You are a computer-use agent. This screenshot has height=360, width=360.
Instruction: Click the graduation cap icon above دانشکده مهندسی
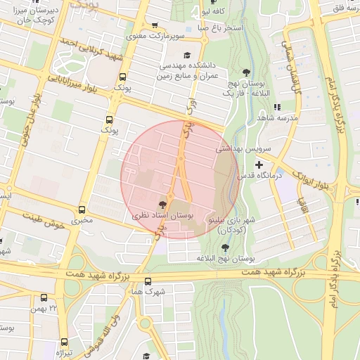(x=187, y=54)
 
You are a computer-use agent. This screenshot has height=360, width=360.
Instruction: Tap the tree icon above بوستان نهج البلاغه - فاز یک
(x=245, y=72)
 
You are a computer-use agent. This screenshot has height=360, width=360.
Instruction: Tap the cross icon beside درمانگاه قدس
(x=259, y=164)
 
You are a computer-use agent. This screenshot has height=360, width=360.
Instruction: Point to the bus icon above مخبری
(x=82, y=210)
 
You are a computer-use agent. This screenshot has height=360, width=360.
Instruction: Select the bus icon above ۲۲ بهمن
(x=44, y=297)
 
